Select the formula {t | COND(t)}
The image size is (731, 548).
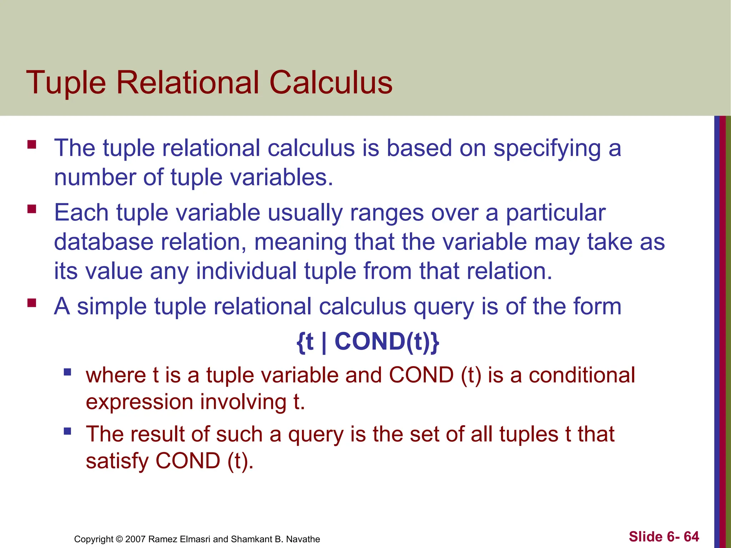[x=368, y=342]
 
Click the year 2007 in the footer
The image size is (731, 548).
[x=136, y=539]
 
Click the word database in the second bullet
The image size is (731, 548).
[x=104, y=242]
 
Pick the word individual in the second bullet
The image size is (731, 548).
[x=246, y=271]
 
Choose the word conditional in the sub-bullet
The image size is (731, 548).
[x=582, y=375]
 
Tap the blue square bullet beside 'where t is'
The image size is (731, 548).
[x=67, y=372]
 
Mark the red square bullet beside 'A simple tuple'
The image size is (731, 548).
[x=32, y=303]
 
